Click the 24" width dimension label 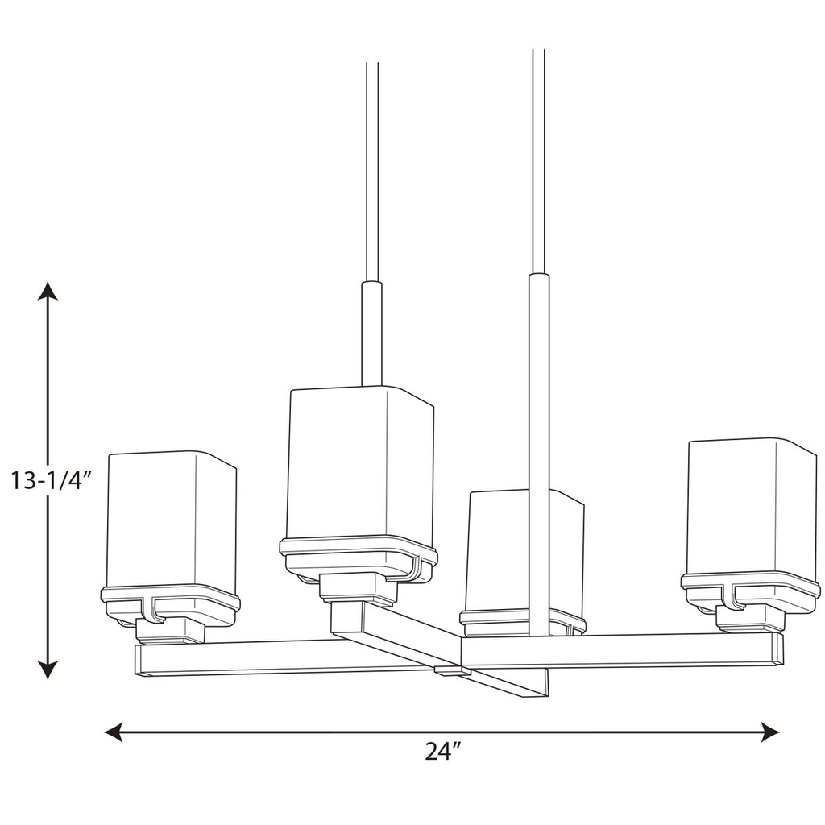tap(442, 752)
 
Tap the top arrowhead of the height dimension tap(49, 291)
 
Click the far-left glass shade tap(171, 520)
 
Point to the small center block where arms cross tap(451, 670)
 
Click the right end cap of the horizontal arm tap(777, 649)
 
